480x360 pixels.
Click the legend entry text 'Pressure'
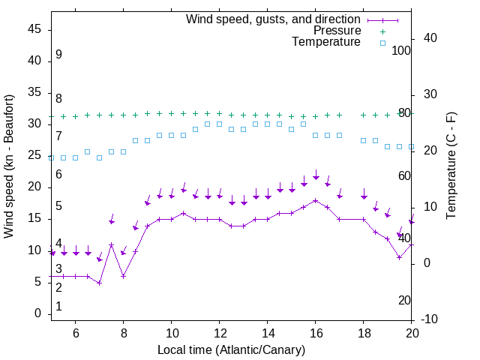pyautogui.click(x=337, y=31)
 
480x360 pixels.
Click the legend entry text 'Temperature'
pyautogui.click(x=326, y=43)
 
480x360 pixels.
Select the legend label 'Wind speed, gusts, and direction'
pyautogui.click(x=274, y=19)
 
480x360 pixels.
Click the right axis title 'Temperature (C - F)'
pyautogui.click(x=451, y=166)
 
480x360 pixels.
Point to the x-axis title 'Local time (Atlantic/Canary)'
pyautogui.click(x=231, y=349)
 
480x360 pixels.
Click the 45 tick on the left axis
pyautogui.click(x=35, y=28)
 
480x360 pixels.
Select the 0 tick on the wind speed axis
pyautogui.click(x=38, y=313)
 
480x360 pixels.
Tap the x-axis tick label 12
pyautogui.click(x=219, y=332)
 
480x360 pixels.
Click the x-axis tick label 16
pyautogui.click(x=315, y=332)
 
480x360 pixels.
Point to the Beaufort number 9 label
pyautogui.click(x=58, y=55)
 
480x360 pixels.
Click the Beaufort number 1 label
pyautogui.click(x=58, y=306)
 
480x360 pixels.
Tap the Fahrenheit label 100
pyautogui.click(x=402, y=50)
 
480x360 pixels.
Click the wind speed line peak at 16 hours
pyautogui.click(x=316, y=200)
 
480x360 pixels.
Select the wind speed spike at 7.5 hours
pyautogui.click(x=111, y=245)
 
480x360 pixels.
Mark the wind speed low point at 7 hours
pyautogui.click(x=99, y=283)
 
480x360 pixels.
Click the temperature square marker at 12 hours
pyautogui.click(x=219, y=124)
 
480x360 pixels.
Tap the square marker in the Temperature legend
pyautogui.click(x=382, y=43)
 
